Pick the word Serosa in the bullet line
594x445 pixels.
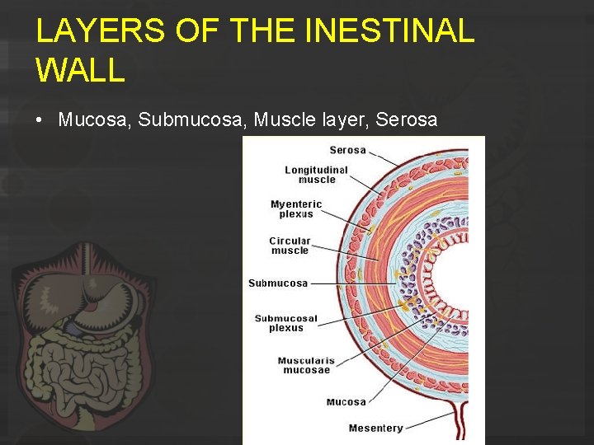click(406, 119)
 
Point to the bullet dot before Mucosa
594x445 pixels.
click(40, 120)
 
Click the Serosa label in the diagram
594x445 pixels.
click(347, 150)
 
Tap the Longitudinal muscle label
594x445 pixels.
click(317, 175)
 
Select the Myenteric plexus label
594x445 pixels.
click(296, 208)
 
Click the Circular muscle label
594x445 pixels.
click(290, 246)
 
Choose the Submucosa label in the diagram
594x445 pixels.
click(278, 283)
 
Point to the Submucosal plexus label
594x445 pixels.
click(285, 323)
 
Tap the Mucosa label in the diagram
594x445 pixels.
click(346, 401)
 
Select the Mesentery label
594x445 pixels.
click(375, 428)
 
